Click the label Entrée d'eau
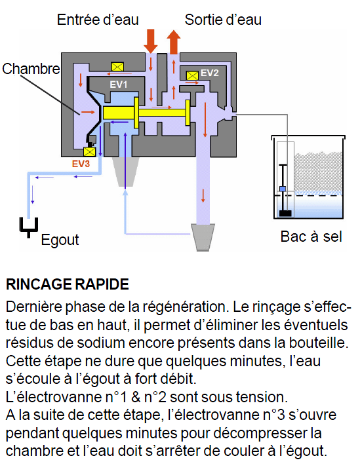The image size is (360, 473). click(98, 20)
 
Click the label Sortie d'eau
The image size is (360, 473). click(223, 20)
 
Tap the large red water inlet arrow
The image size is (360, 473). click(151, 41)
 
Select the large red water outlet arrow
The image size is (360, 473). click(174, 42)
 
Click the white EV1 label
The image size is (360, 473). click(119, 85)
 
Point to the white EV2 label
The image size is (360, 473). click(209, 73)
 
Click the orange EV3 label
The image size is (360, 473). click(81, 164)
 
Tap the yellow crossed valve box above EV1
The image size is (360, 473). click(117, 67)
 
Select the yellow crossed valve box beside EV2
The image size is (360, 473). click(192, 75)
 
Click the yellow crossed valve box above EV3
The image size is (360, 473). click(89, 152)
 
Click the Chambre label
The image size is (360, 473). click(31, 69)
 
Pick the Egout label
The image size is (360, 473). click(60, 240)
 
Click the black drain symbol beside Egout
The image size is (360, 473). click(29, 227)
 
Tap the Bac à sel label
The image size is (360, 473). click(311, 236)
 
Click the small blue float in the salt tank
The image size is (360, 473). click(283, 189)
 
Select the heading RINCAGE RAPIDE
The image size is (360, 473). click(68, 284)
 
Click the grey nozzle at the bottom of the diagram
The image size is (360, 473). click(203, 237)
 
